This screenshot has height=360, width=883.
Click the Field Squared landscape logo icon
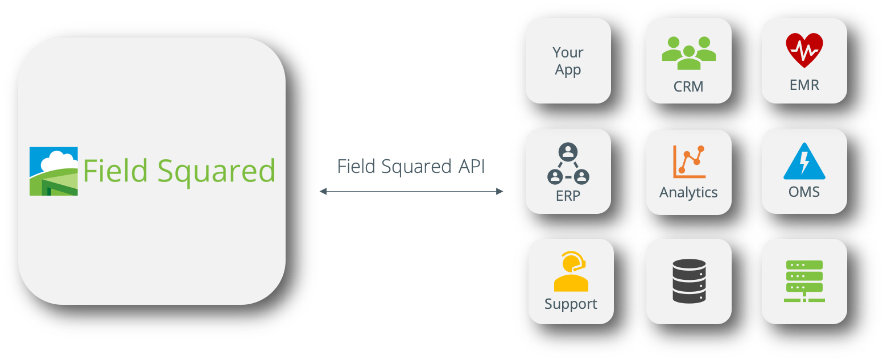pos(53,171)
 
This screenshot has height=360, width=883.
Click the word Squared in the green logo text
pos(216,171)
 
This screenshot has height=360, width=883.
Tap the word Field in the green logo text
pos(116,170)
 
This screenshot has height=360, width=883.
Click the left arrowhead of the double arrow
pos(323,192)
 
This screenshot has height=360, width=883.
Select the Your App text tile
pos(568,61)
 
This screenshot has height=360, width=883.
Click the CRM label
pos(688,86)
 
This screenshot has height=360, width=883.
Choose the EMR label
pos(804,85)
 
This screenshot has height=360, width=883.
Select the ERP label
pos(568,196)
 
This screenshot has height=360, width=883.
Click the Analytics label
pos(688,193)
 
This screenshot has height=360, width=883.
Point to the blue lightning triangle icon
pos(804,162)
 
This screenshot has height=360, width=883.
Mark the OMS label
pos(804,192)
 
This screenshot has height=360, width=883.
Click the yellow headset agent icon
pos(571,271)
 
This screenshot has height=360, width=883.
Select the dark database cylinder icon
pos(688,281)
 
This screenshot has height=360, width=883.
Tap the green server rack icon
pos(804,281)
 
